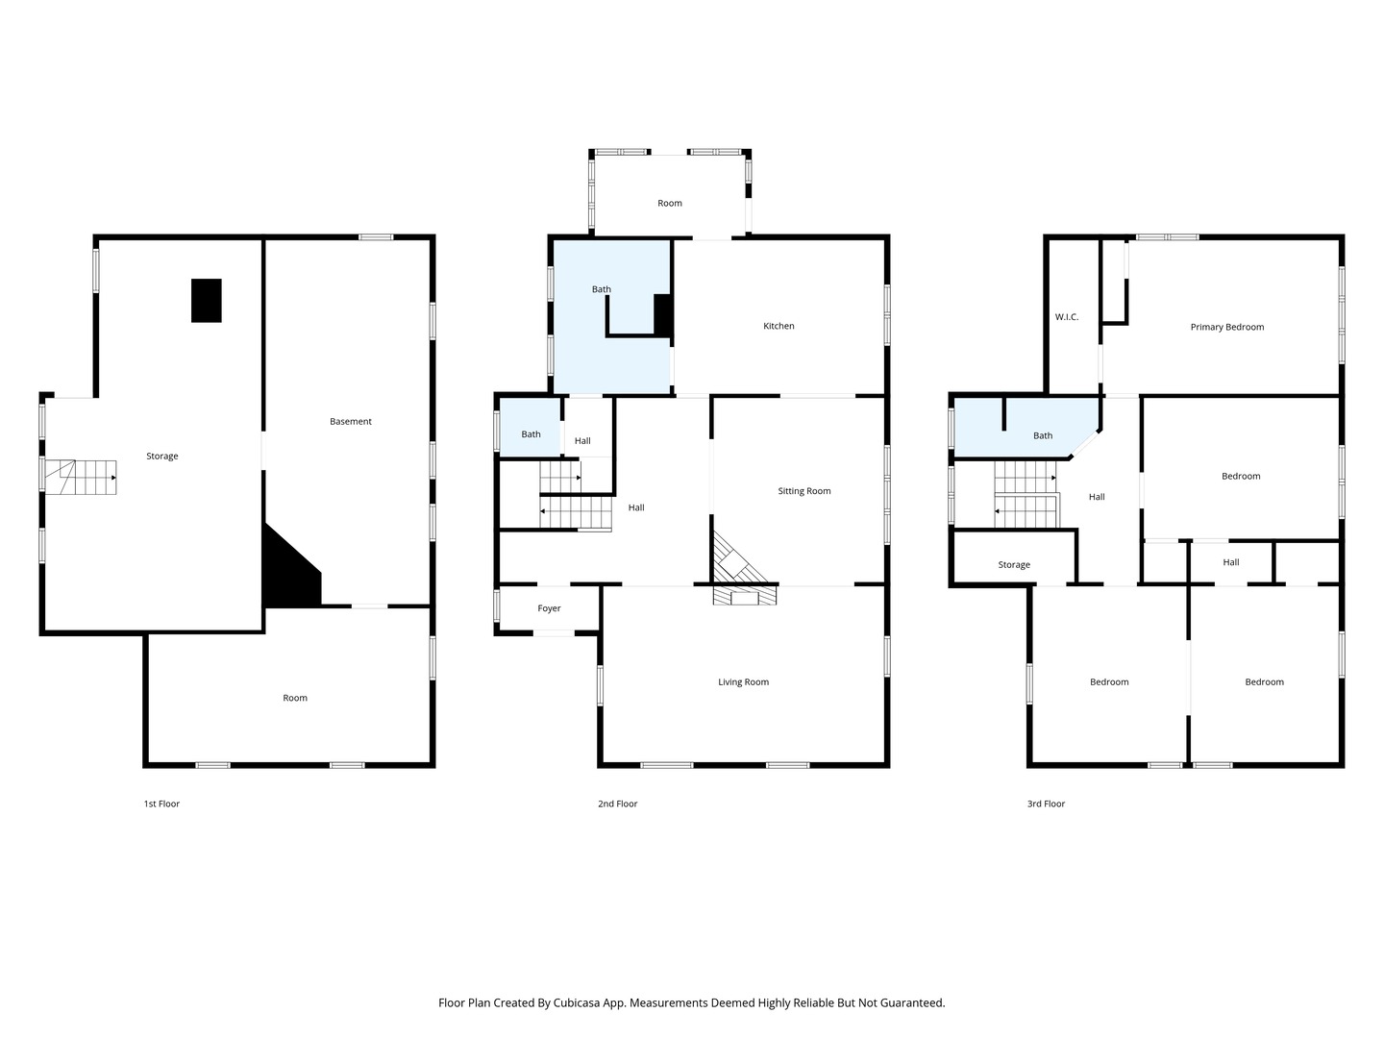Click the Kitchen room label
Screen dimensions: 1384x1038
[x=778, y=326]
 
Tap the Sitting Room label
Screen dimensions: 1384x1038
[x=803, y=491]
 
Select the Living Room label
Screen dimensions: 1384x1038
[x=743, y=682]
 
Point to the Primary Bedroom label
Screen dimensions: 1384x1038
[x=1226, y=327]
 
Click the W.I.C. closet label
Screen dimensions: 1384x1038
[x=1066, y=317]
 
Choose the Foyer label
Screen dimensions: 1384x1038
[x=549, y=608]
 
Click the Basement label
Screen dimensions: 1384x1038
[x=351, y=422]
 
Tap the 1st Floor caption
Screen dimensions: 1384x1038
[x=161, y=803]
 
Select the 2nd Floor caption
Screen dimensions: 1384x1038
[x=617, y=803]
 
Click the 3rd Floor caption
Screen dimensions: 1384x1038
[x=1046, y=803]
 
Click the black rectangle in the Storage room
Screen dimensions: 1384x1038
[x=207, y=301]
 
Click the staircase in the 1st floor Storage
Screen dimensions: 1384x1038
[x=81, y=477]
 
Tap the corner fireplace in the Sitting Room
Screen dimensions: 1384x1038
[x=738, y=557]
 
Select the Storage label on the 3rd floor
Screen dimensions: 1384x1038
[x=1014, y=565]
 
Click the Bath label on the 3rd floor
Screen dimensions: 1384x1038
[x=1043, y=435]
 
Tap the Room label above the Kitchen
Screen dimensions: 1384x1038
[x=670, y=203]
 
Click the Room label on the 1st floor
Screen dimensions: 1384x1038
[x=294, y=698]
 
